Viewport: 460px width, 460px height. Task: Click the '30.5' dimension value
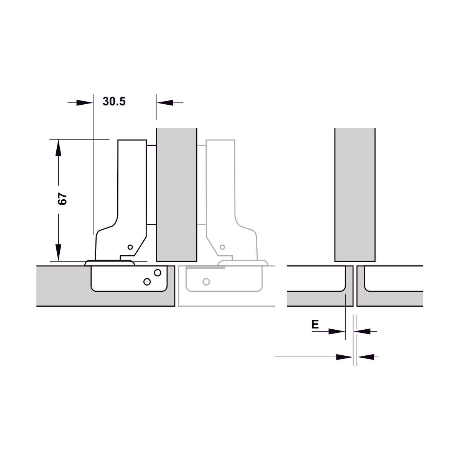pos(114,102)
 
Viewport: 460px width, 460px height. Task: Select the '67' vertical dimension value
pos(62,199)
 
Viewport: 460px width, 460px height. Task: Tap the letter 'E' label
pos(315,324)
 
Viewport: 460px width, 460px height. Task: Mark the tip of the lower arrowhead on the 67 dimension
pos(58,261)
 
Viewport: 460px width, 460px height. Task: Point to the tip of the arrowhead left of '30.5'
pos(93,103)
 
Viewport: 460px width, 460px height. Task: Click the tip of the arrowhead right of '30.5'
pos(157,103)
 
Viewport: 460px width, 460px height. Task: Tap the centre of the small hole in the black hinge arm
pos(130,247)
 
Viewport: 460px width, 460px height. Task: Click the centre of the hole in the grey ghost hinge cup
pos(206,282)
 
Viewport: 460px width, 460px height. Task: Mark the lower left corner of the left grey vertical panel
pos(157,261)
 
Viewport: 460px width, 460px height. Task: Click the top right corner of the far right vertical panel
pos(375,128)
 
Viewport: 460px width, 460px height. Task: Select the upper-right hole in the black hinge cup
pos(158,273)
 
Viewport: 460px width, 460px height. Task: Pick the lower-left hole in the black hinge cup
pos(147,282)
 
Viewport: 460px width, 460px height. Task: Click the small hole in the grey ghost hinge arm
pos(222,247)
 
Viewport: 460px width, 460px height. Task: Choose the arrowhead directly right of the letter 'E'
pos(337,331)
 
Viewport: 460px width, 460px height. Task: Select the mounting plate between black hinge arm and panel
pos(151,185)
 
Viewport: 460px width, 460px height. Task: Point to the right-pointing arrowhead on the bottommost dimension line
pos(345,364)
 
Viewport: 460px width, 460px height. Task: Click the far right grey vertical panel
pos(355,195)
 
